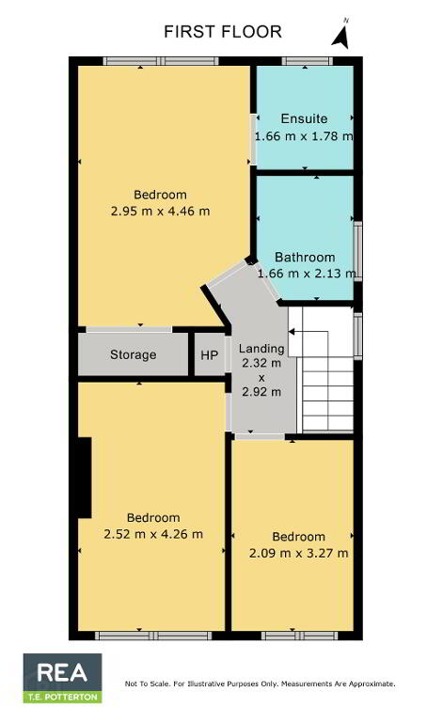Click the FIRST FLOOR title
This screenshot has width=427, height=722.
pos(223,32)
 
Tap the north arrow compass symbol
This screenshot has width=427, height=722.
pos(341,36)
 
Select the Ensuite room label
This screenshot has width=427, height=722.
pos(304,118)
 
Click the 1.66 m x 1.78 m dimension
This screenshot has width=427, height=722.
pos(304,135)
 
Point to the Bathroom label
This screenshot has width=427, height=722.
pos(305,257)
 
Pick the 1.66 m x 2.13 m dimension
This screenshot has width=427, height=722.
pos(307,274)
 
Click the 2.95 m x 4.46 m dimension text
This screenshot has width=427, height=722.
pos(160,212)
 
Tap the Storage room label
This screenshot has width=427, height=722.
pos(134,354)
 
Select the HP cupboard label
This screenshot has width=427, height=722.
pos(209,355)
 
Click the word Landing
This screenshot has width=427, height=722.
pos(261,349)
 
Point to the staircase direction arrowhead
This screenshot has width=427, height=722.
pos(292,331)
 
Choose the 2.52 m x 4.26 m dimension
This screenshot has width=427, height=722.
pos(153,534)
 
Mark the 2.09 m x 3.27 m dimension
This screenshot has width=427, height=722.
pos(298,553)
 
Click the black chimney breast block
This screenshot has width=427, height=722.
pos(85,478)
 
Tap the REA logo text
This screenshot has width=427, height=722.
pos(62,672)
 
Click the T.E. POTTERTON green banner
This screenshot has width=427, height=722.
pos(63,697)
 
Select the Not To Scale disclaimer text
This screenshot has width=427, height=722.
pos(260,683)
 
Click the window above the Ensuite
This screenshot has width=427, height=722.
pos(308,61)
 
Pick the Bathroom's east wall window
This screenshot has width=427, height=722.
pos(358,251)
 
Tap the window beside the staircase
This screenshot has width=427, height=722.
pos(358,336)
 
